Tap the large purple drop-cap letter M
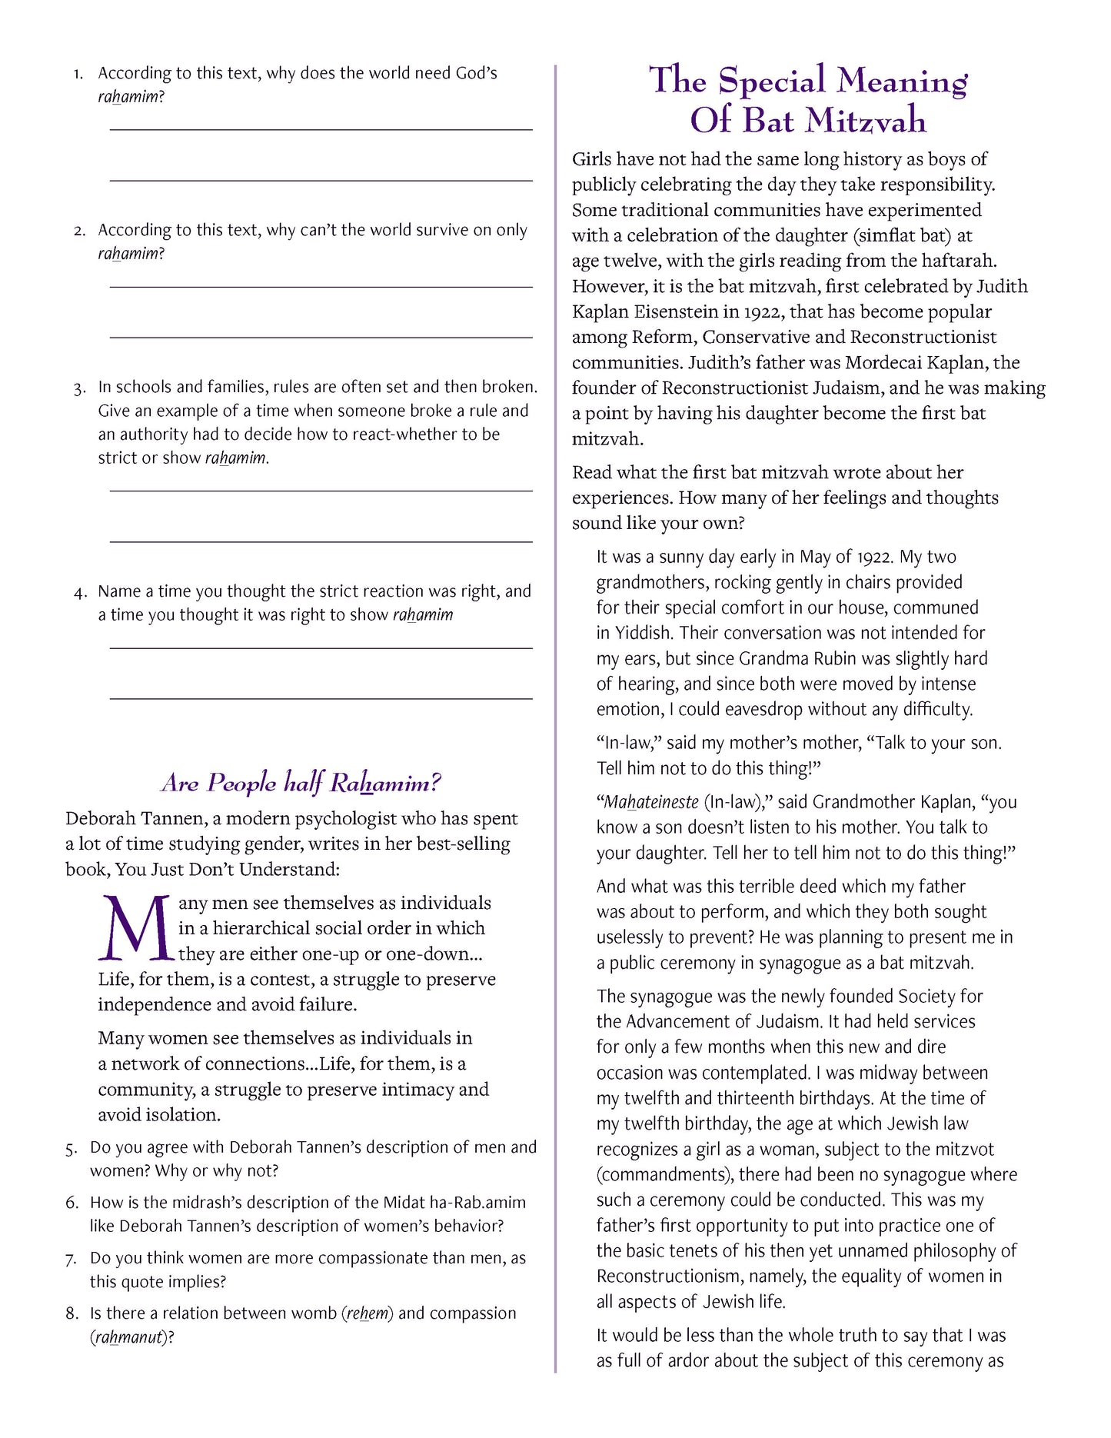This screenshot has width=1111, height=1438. click(x=135, y=928)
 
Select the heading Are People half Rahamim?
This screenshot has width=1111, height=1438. click(x=301, y=783)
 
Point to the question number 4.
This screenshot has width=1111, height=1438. click(x=80, y=592)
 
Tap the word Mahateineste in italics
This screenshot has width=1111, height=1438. click(x=647, y=802)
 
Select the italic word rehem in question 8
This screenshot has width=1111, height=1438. click(x=367, y=1313)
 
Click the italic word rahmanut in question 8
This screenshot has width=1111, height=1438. click(x=128, y=1337)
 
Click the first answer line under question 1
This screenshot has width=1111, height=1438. click(x=321, y=129)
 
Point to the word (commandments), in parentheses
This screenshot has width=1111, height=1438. click(x=665, y=1175)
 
